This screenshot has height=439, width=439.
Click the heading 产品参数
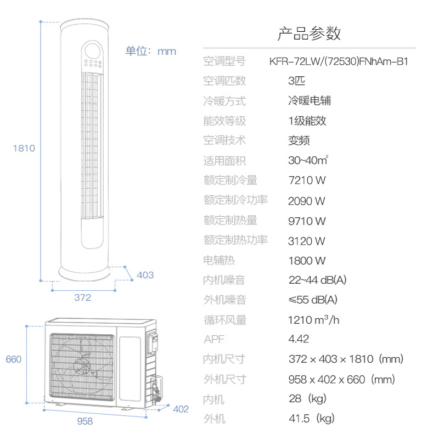309,33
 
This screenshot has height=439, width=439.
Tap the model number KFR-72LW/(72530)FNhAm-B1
339,61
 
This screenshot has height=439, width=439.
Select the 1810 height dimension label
24,148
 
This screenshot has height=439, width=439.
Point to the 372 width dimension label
83,297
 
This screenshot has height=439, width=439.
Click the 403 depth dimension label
145,275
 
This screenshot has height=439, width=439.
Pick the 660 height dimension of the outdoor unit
13,359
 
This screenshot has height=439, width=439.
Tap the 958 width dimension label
85,421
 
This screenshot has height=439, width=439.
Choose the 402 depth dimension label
181,409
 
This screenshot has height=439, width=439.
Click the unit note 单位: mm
150,51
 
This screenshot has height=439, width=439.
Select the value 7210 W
307,181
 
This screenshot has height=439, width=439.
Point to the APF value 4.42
299,339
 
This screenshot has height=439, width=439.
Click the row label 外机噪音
225,300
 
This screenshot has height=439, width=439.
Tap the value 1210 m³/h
314,320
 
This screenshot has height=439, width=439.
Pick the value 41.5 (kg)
312,419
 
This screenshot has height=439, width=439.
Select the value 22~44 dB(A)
318,280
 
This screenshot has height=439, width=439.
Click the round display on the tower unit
93,51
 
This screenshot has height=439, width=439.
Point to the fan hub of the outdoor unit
82,364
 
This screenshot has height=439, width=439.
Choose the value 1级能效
307,121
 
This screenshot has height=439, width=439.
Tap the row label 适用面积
224,161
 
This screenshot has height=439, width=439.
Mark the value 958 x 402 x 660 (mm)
341,380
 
